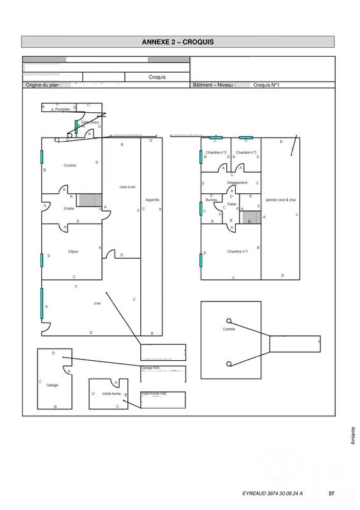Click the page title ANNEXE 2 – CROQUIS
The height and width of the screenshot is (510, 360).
coord(178,42)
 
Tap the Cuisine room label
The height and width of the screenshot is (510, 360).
coord(70,165)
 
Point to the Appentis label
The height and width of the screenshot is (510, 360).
coord(152,200)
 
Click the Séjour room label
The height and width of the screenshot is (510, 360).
coord(73,251)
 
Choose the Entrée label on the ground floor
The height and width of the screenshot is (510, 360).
coord(69,208)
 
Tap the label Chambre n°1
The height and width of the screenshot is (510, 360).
coord(237,251)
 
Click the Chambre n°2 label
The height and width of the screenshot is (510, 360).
coord(216,152)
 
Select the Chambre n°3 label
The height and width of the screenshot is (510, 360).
coord(245,152)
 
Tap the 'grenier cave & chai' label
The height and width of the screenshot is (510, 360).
coord(281,200)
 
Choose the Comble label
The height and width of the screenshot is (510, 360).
coord(229,329)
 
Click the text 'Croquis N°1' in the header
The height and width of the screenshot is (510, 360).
coord(266,85)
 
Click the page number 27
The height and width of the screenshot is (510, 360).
coord(331,493)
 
